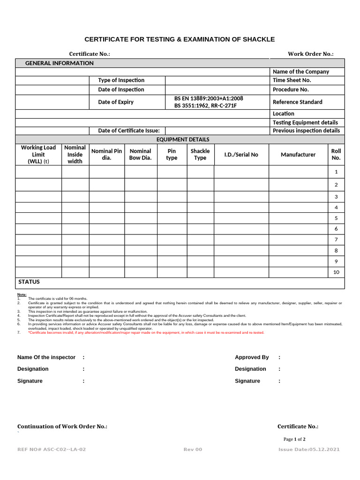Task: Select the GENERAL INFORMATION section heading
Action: pyautogui.click(x=59, y=63)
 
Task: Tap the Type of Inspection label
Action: pyautogui.click(x=121, y=80)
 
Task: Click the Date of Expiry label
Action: pyautogui.click(x=115, y=102)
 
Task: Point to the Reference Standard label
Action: pyautogui.click(x=297, y=102)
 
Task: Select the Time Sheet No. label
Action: pyautogui.click(x=292, y=80)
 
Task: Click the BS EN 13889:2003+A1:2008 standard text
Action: pyautogui.click(x=209, y=98)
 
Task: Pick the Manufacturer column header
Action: pyautogui.click(x=298, y=155)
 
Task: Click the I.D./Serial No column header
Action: pyautogui.click(x=241, y=155)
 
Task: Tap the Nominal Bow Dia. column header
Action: pyautogui.click(x=140, y=155)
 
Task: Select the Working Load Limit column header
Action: pyautogui.click(x=38, y=154)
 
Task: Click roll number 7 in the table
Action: pyautogui.click(x=336, y=240)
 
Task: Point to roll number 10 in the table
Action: pyautogui.click(x=336, y=272)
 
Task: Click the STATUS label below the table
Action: pyautogui.click(x=29, y=282)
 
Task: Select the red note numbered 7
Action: pyautogui.click(x=146, y=332)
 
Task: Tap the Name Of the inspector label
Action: pyautogui.click(x=46, y=357)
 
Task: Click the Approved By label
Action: pyautogui.click(x=252, y=357)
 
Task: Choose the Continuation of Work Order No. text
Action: pyautogui.click(x=62, y=427)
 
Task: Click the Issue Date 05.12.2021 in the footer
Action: pyautogui.click(x=309, y=450)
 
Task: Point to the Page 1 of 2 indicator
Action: pyautogui.click(x=294, y=439)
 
